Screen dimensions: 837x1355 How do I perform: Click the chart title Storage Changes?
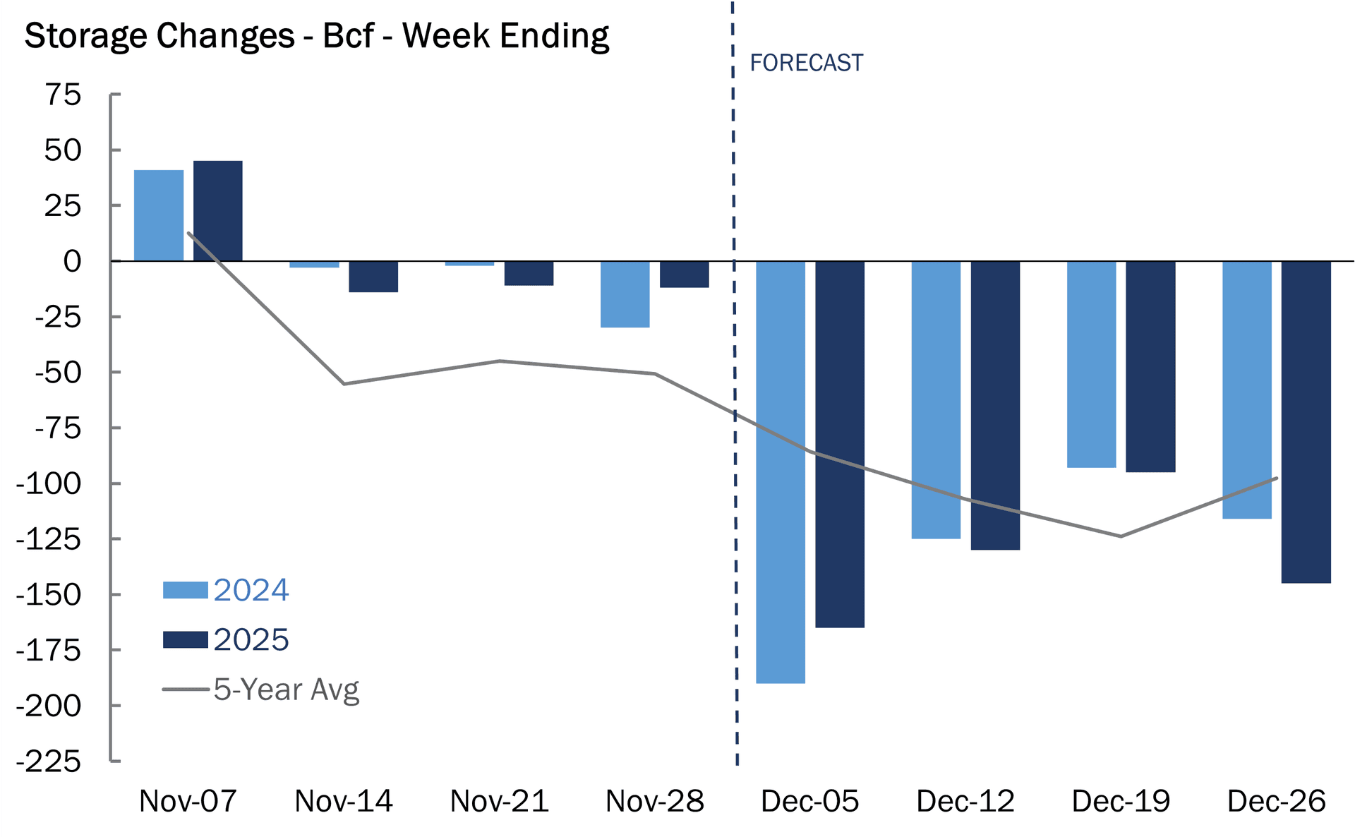[x=316, y=35]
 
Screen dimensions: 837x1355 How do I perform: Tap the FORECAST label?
[x=806, y=63]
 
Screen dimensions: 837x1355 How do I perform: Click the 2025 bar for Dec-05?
[x=840, y=444]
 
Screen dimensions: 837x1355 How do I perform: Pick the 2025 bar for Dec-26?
[x=1306, y=421]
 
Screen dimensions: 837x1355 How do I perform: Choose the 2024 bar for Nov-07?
[x=159, y=215]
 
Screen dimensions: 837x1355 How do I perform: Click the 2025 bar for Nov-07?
[x=218, y=211]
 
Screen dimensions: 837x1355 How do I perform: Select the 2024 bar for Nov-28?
[x=625, y=294]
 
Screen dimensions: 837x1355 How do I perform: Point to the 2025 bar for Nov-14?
[x=373, y=277]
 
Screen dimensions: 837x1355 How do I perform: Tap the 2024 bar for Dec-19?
[x=1091, y=364]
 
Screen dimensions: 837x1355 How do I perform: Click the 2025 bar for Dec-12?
[x=995, y=405]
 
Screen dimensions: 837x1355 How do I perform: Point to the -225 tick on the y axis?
[x=49, y=761]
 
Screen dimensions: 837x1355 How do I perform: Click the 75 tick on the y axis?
[x=64, y=95]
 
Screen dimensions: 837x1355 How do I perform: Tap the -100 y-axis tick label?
[x=49, y=484]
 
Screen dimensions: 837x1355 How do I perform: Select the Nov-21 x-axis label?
[x=499, y=801]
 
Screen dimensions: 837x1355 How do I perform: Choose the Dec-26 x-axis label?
[x=1276, y=801]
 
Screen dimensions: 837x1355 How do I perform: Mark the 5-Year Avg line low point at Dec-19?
[x=1121, y=536]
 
